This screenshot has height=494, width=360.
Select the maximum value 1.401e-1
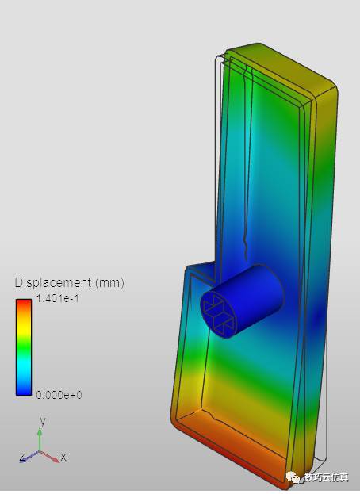(57, 298)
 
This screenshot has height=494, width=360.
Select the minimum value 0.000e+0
(59, 394)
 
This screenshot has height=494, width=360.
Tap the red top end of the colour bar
(24, 304)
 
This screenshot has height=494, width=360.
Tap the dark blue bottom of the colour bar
(24, 390)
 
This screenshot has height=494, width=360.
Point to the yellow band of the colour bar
(24, 329)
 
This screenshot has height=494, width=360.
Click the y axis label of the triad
(43, 421)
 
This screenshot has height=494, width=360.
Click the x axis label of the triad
(63, 457)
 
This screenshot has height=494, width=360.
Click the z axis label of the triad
(22, 457)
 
